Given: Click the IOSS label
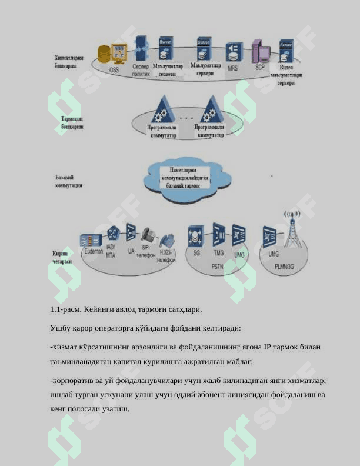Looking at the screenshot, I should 113,70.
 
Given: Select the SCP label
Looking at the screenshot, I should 260,67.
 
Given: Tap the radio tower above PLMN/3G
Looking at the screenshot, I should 292,230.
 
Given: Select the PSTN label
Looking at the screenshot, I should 217,266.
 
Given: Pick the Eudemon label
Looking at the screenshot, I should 93,251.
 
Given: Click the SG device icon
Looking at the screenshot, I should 196,236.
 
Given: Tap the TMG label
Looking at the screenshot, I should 218,253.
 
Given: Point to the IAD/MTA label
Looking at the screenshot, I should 111,251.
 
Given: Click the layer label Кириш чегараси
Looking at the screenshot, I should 62,257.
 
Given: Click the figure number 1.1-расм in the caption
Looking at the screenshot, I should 65,309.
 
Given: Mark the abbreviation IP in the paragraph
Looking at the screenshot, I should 268,347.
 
